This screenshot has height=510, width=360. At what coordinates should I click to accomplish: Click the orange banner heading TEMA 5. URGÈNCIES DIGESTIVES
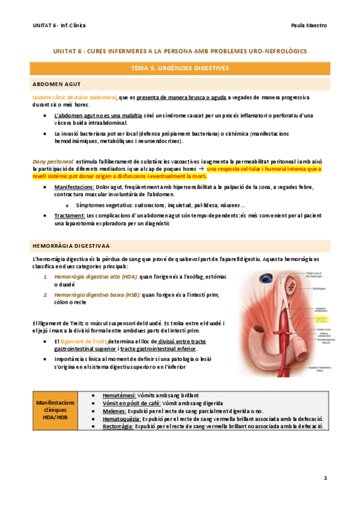(180, 69)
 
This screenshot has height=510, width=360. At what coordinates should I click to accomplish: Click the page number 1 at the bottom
(325, 478)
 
